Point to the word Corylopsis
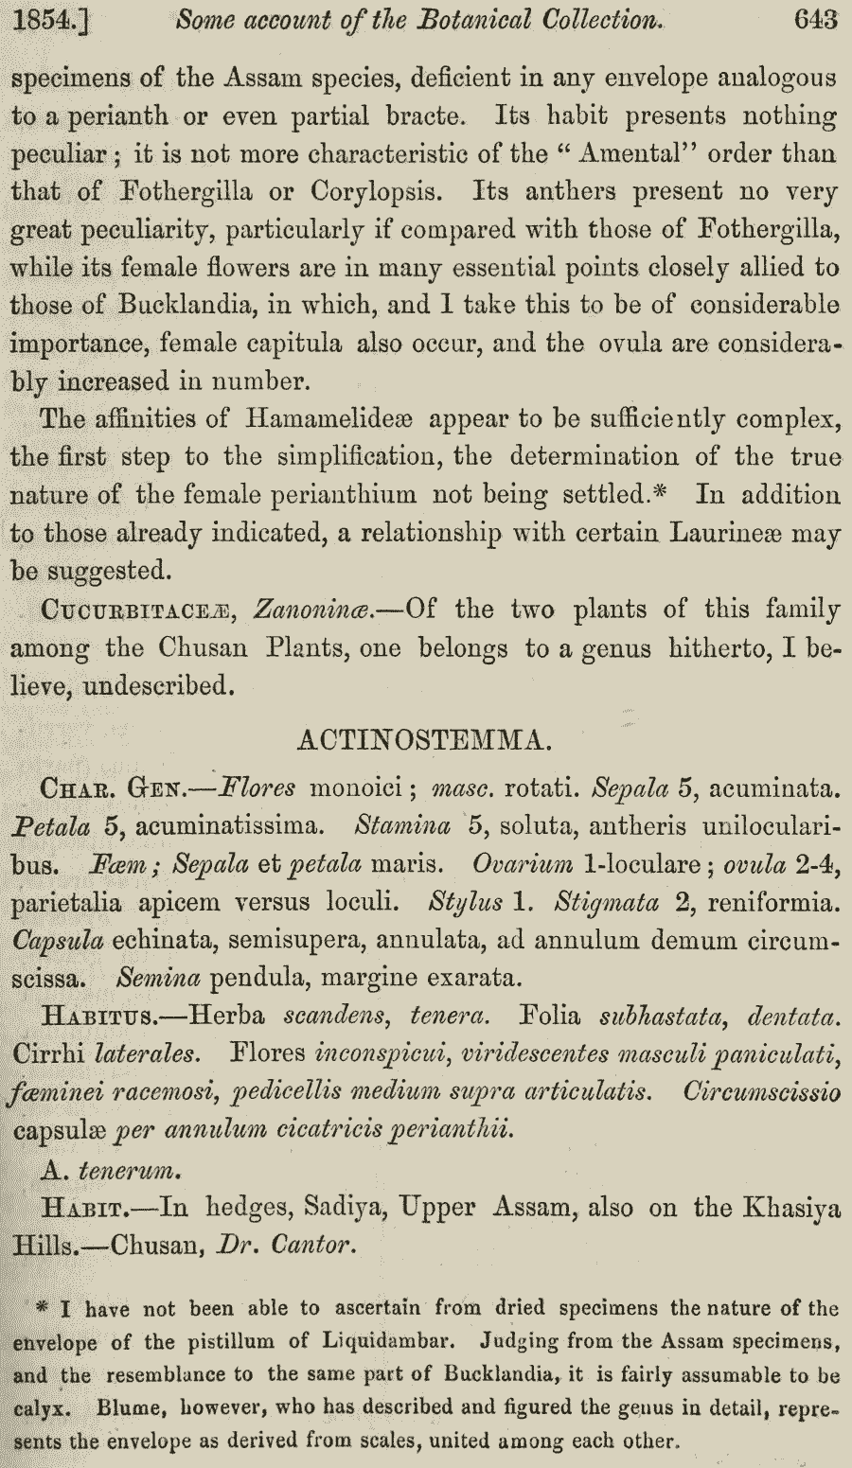pyautogui.click(x=375, y=191)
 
